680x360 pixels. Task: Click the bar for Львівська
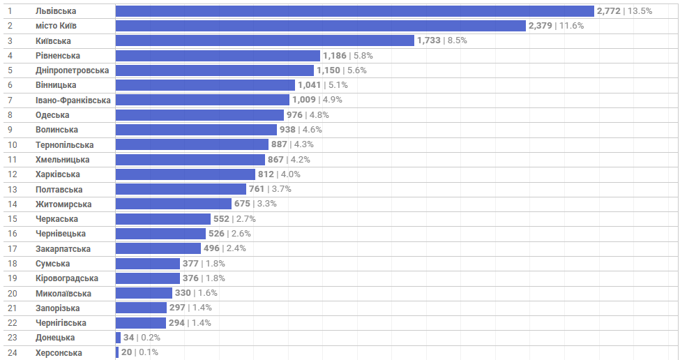coord(354,11)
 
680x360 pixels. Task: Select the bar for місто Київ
coord(320,26)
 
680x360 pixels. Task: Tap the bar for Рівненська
coord(218,56)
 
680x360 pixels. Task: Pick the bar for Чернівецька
coord(160,234)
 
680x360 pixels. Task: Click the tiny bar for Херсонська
coord(117,352)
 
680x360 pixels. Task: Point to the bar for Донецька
coord(118,338)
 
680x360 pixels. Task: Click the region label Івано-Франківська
coord(73,100)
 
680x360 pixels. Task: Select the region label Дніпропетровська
coord(73,70)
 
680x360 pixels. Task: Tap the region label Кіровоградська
coord(67,278)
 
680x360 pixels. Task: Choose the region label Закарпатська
coord(63,249)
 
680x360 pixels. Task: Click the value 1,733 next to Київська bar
coord(429,40)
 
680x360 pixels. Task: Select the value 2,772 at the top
coord(608,11)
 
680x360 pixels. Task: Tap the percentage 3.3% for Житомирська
coord(266,204)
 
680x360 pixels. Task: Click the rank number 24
coord(12,353)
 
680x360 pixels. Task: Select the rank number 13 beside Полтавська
coord(12,190)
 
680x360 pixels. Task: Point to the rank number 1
coord(10,11)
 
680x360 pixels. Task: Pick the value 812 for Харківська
coord(266,174)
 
